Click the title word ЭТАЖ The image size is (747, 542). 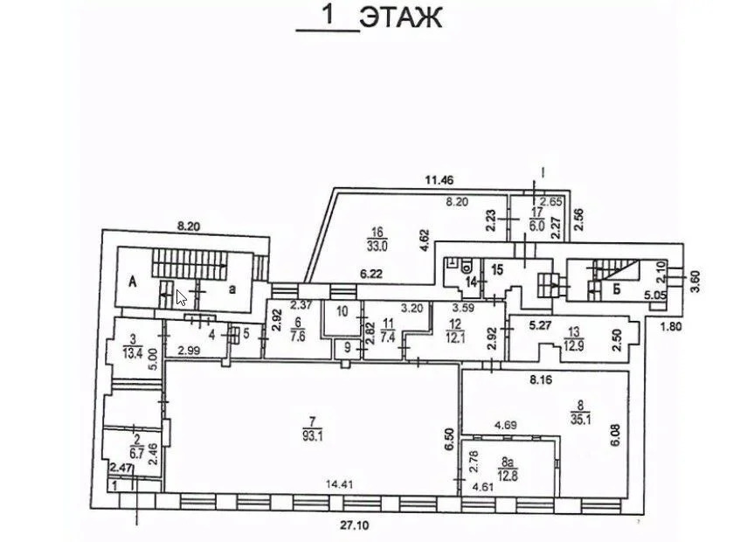[401, 17]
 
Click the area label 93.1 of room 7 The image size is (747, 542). [313, 436]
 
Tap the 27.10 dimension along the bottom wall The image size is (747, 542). [355, 525]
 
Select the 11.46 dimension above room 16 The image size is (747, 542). [439, 180]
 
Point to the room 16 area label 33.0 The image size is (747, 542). [377, 246]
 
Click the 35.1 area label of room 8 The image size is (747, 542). [580, 420]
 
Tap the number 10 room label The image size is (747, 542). [342, 312]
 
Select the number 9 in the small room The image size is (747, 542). [348, 348]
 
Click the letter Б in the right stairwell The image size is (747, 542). [617, 288]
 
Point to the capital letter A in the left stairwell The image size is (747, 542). [133, 281]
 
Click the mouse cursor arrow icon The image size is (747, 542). [181, 298]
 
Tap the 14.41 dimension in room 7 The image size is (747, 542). [340, 485]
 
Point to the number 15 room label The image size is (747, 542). [497, 270]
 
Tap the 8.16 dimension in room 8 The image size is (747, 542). [541, 381]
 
